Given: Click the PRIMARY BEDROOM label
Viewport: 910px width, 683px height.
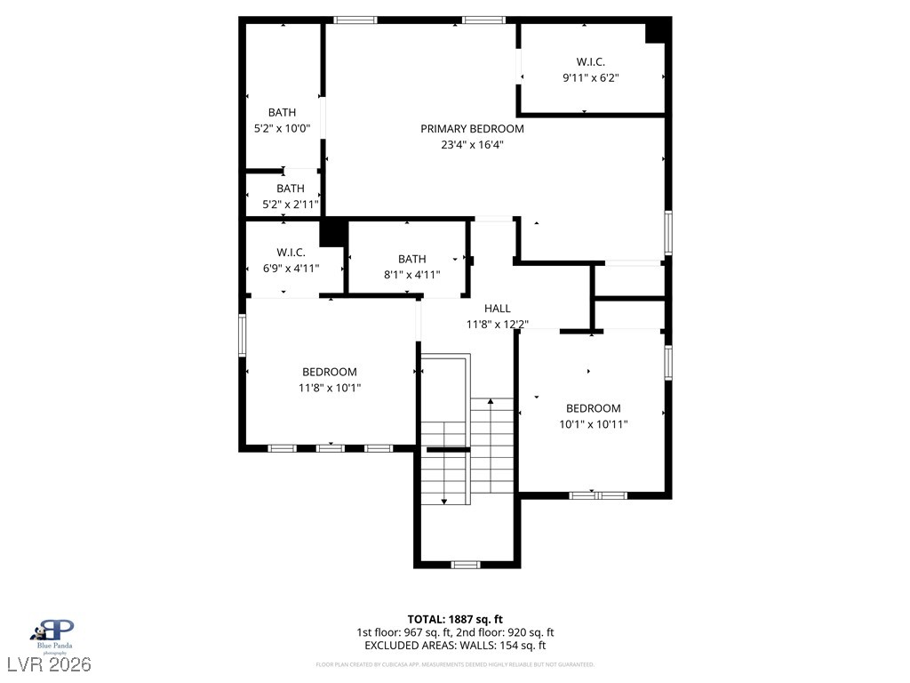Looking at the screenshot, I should click(x=472, y=129).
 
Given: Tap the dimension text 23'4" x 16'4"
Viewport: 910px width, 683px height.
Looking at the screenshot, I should click(x=472, y=144).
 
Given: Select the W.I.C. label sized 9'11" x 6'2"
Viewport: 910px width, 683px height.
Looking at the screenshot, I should click(x=590, y=61).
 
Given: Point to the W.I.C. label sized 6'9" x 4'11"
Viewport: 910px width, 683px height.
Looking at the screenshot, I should click(x=291, y=253).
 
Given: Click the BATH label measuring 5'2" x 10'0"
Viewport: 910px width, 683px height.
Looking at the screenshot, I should click(x=282, y=112).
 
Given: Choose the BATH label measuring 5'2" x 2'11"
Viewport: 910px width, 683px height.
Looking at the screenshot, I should click(x=290, y=189).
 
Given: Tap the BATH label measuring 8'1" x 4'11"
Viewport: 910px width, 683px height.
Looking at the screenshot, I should click(x=411, y=259).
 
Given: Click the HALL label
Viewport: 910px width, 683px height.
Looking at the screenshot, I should click(x=498, y=309).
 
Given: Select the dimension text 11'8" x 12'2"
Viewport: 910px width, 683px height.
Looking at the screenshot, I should click(x=498, y=324).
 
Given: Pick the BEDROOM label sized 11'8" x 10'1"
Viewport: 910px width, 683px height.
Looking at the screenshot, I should click(x=330, y=372).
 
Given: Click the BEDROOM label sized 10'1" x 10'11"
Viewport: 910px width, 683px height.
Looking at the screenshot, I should click(x=594, y=408).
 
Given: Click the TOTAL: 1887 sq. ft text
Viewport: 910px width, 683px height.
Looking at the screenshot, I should click(x=455, y=619).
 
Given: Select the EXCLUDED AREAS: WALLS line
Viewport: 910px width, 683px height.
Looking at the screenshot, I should click(x=455, y=646).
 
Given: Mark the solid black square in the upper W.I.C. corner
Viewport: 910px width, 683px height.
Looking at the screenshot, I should click(x=656, y=32).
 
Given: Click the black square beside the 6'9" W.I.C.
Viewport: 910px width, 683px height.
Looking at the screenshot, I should click(x=332, y=233).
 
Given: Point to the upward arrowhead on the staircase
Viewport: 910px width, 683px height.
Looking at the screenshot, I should click(x=491, y=403).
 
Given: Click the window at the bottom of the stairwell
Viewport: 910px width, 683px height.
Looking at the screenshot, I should click(x=466, y=564).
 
